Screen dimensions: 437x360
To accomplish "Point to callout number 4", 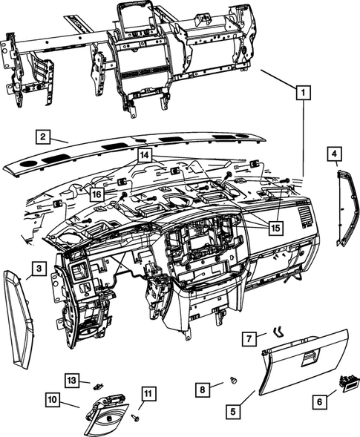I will pos(335,154).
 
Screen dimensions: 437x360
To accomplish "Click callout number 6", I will pos(321,401).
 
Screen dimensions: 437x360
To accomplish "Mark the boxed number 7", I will pos(251,339).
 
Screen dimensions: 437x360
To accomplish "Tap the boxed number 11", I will pos(148,394).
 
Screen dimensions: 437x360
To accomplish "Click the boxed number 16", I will pos(97,194).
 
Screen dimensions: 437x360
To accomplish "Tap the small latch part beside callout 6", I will pos(347,384).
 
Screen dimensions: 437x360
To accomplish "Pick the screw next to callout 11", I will pos(134,418).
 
